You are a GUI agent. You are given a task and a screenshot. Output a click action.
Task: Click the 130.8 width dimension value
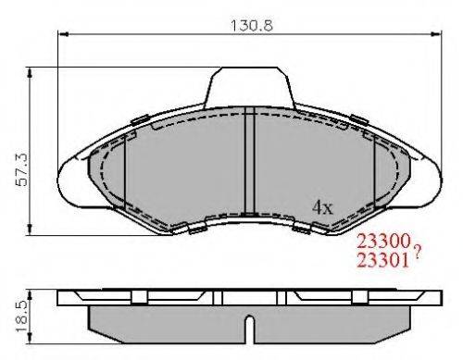coord(252,26)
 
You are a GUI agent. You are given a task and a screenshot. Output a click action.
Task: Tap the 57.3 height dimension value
coord(22,169)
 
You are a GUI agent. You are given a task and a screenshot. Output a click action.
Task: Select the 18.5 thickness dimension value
coord(22,317)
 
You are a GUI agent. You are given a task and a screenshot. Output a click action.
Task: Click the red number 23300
coord(383,241)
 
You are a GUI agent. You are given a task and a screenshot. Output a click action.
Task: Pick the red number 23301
coord(383,260)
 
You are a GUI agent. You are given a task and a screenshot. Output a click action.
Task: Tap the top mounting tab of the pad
coord(249,86)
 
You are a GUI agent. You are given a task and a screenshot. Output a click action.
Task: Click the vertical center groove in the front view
coord(249,160)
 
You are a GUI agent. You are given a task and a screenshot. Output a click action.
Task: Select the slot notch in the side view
coord(250,328)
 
